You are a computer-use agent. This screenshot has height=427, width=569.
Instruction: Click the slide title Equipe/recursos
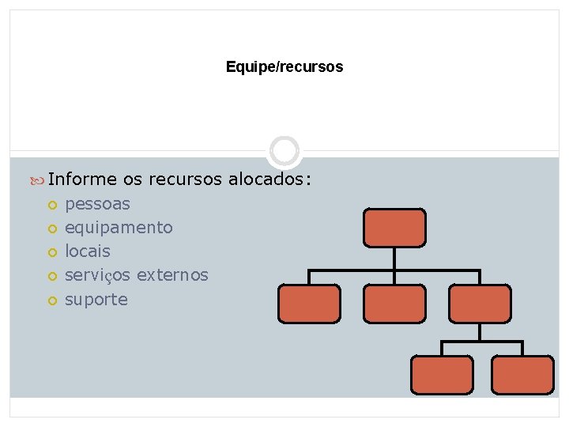tap(284, 67)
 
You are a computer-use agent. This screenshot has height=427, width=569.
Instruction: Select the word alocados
tap(266, 179)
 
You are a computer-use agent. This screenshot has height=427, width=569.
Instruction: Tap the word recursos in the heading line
tap(186, 179)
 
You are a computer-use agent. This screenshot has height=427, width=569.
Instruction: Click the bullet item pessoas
tap(97, 204)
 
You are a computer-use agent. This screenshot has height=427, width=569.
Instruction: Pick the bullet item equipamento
tap(119, 228)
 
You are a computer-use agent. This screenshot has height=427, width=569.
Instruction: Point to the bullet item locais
tap(88, 251)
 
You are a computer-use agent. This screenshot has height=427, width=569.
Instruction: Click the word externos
tap(172, 275)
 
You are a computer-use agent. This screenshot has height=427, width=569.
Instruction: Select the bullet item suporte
tap(96, 300)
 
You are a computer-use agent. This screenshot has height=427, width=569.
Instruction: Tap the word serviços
tap(98, 275)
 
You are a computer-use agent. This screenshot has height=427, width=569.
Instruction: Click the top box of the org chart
tap(394, 228)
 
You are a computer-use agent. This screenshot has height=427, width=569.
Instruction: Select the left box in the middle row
tap(309, 304)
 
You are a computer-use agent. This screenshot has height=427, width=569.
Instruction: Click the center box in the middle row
tap(394, 304)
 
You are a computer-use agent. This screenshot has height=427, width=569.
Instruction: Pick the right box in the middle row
tap(480, 304)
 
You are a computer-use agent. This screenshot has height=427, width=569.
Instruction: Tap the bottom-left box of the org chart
tap(442, 374)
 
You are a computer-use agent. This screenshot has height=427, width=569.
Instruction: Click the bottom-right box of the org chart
tap(522, 374)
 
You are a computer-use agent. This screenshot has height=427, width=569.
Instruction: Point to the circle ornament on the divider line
tap(284, 151)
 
